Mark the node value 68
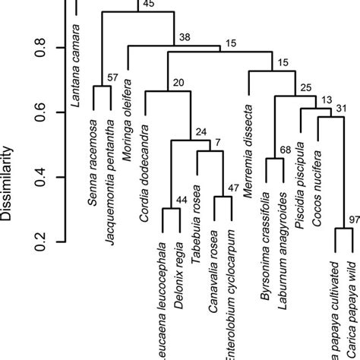pyautogui.click(x=285, y=150)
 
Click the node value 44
pyautogui.click(x=182, y=200)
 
